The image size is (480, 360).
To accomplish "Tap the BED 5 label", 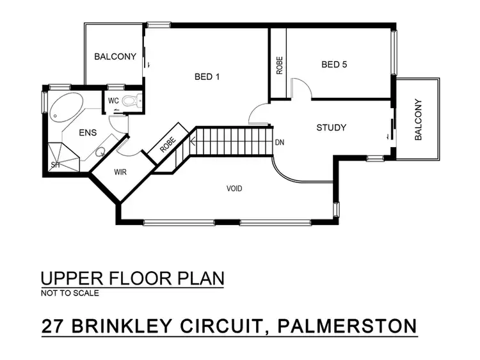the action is (x=334, y=65).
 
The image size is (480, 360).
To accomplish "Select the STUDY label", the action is (x=332, y=127).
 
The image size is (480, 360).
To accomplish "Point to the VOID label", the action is (x=235, y=189).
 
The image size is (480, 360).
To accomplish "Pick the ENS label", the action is (x=87, y=133).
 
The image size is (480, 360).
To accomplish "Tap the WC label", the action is (x=113, y=101).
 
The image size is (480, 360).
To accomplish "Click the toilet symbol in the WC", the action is (x=131, y=100).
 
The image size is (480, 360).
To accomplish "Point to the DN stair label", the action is (x=279, y=143).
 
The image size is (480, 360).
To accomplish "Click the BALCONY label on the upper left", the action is (x=115, y=57).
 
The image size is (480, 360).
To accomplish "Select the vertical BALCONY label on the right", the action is (x=419, y=120).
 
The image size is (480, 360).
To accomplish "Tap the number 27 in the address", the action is (x=52, y=325).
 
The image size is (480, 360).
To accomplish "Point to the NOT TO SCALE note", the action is (x=70, y=293).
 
